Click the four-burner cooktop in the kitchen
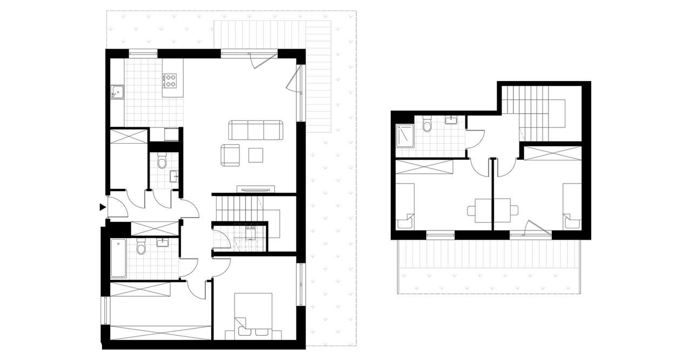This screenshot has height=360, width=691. point(171,80)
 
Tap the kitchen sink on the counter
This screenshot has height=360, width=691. point(117,93)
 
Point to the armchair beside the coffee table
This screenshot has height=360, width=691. point(231,155)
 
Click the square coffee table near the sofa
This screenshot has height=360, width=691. point(256,155)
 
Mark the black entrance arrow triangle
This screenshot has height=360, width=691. point(102,207)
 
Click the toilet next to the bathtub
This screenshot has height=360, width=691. point(141,247)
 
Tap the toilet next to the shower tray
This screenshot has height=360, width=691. point(428,125)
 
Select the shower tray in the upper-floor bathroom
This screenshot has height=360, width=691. point(404,135)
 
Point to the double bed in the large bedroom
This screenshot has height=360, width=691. point(253,316)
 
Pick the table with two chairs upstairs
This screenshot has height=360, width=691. point(492,209)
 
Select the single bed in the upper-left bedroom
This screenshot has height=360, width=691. point(406,206)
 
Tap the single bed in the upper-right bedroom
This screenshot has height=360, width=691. point(572,206)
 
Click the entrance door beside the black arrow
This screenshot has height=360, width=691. point(118,206)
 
